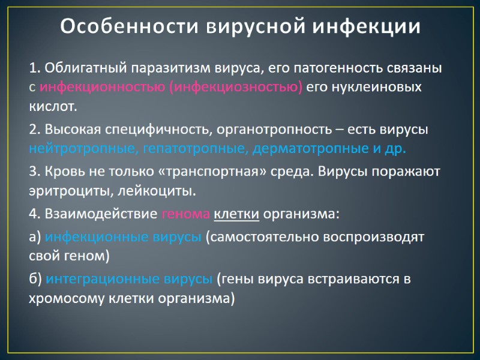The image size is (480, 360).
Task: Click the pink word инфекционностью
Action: (102, 88)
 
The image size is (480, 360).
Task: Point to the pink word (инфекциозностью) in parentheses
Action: (236, 88)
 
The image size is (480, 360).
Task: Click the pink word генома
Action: (185, 214)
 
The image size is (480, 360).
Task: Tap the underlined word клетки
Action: (236, 214)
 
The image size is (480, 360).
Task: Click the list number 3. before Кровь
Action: (35, 171)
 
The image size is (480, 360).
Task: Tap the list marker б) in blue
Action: (35, 279)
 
